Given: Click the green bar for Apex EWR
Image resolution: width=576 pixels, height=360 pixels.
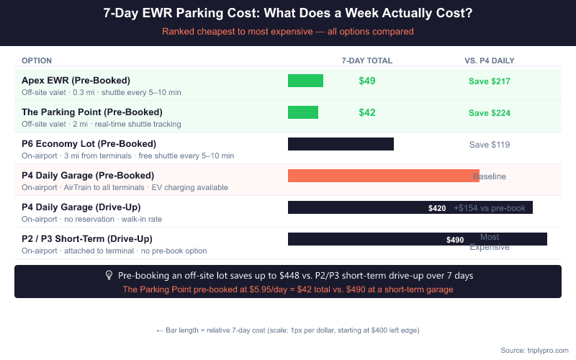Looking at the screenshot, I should coord(305,81).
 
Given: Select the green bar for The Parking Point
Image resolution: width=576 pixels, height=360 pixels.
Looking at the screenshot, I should coord(302,112).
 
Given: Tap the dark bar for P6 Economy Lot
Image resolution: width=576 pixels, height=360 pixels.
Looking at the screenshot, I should coord(341,144).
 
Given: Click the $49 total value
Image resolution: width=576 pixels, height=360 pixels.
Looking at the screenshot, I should coord(367,81).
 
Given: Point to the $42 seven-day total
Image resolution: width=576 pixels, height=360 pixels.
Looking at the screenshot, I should coord(367,113).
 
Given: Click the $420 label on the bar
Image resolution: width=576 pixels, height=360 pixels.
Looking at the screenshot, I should coord(437,208).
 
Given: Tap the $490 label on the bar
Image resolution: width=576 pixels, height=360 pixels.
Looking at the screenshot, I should coord(455,240).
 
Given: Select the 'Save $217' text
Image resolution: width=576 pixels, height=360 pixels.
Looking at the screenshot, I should coord(490,81).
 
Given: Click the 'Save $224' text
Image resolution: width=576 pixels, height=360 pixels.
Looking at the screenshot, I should coord(490,113).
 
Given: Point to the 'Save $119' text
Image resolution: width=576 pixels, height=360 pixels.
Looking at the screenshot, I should coord(490,145).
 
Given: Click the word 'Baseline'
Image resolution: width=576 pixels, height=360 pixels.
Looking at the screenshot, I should coord(490,176).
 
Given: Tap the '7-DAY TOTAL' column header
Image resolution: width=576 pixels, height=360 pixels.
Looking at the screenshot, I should coord(367,60).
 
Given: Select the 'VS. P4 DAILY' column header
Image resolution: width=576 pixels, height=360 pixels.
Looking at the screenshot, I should coord(490,60).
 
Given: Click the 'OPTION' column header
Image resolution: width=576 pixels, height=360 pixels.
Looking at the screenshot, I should coord(37,60).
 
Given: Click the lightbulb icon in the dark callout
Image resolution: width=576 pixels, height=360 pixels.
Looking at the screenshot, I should coord(109,276).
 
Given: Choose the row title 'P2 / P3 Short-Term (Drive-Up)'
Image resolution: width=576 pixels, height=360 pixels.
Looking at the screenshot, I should coord(86,239).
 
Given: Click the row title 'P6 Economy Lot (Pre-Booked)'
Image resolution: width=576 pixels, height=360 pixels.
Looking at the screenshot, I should coord(89,144).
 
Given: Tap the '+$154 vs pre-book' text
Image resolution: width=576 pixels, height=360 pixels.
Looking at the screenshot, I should coord(490,208).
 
